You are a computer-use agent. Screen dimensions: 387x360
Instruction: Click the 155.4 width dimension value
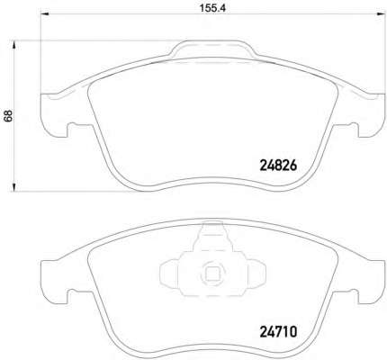[x=212, y=8]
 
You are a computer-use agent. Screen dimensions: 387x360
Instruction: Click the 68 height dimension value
[x=8, y=115]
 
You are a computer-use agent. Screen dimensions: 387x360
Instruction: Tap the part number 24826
[x=278, y=165]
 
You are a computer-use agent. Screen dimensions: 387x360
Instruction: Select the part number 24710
[x=278, y=332]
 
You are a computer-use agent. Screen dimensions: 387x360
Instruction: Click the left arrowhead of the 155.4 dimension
[x=44, y=13]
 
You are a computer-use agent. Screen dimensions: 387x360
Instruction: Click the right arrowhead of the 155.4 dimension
[x=382, y=13]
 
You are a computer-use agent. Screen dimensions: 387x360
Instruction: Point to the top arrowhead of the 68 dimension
[x=13, y=45]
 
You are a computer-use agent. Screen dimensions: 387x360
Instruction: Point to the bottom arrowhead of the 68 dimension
[x=13, y=186]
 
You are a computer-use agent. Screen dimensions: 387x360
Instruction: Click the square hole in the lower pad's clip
[x=212, y=273]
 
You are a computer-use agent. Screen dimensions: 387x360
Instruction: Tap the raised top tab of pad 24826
[x=212, y=48]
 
